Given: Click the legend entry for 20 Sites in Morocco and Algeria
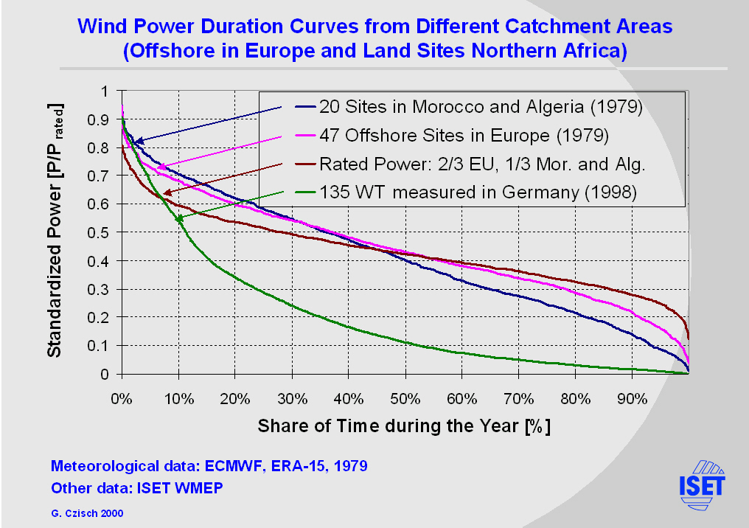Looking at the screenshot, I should click(481, 107).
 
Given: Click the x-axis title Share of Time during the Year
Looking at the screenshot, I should click(404, 426).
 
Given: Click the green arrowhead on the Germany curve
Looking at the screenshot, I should click(179, 219).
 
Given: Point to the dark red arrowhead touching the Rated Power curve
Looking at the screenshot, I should click(167, 192).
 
